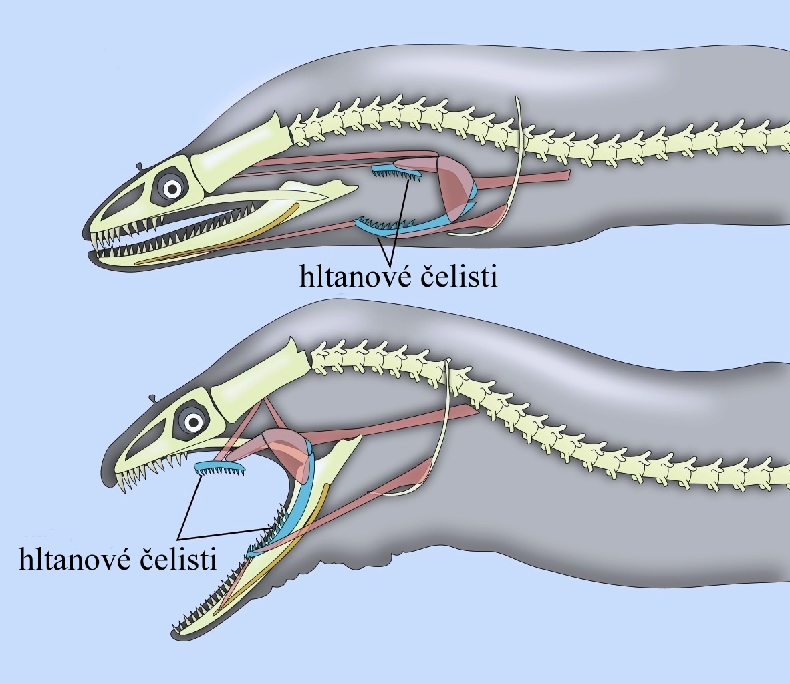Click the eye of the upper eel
(172, 189)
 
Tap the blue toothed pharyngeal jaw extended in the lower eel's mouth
(220, 468)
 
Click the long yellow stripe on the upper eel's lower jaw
(217, 234)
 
